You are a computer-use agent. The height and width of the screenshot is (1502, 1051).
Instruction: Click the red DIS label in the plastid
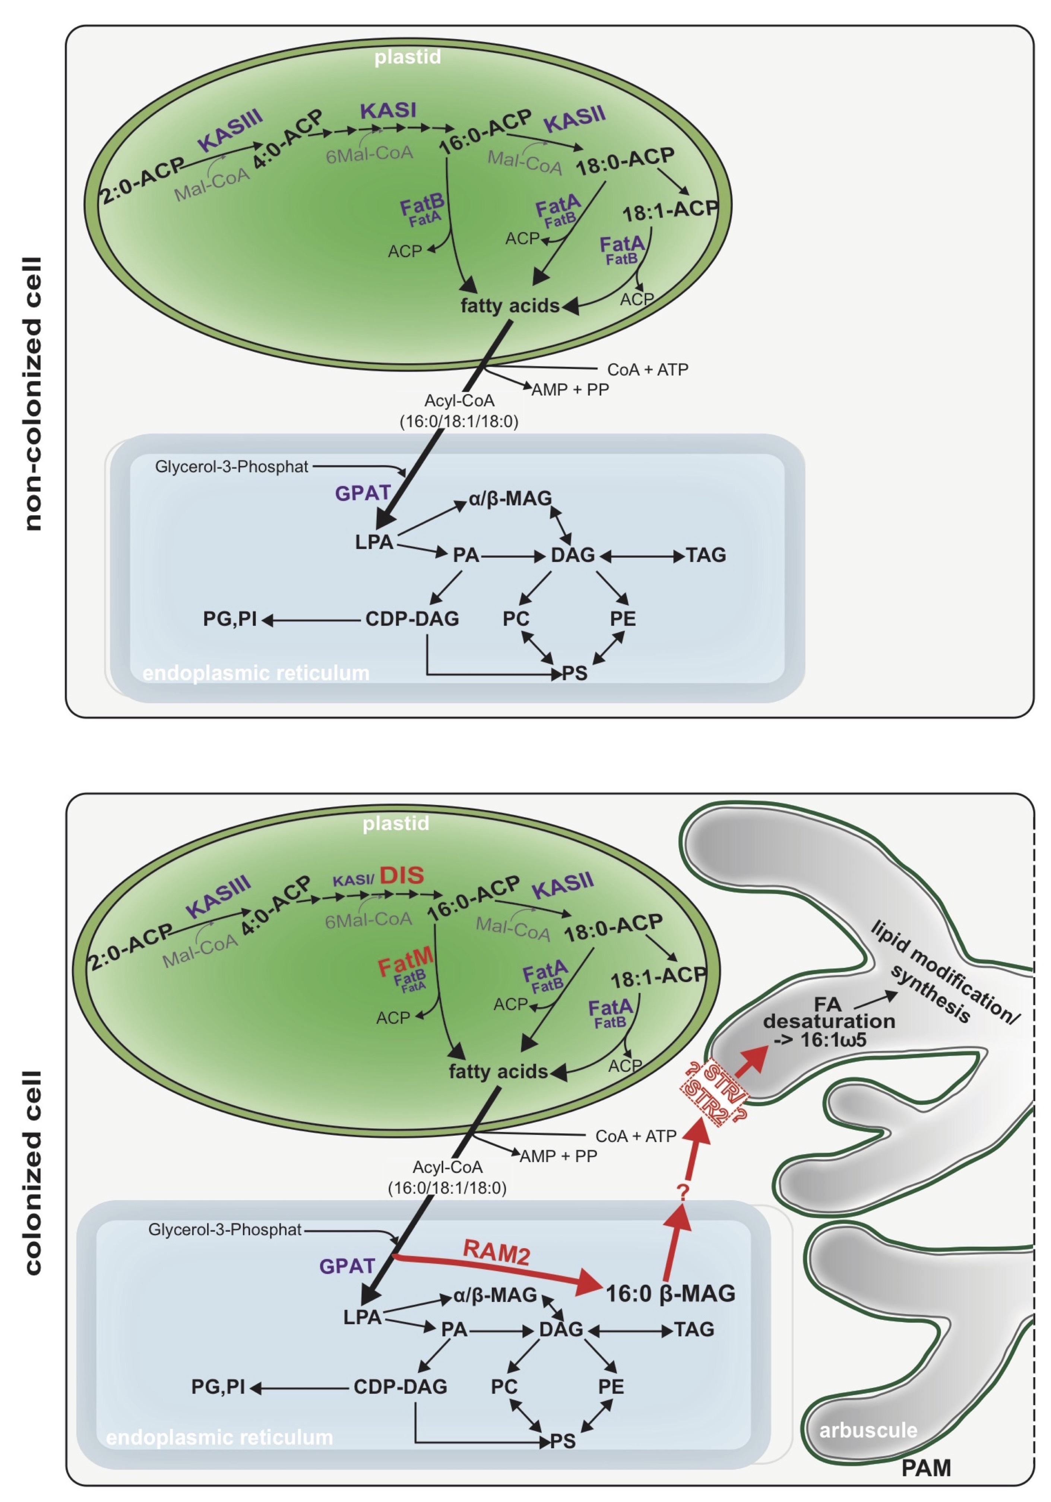coord(402,875)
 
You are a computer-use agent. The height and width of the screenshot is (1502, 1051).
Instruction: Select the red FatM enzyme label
coord(405,962)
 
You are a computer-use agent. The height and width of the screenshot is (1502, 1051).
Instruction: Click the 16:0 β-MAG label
coord(670,1293)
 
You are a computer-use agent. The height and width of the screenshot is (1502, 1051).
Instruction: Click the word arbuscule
coord(868,1430)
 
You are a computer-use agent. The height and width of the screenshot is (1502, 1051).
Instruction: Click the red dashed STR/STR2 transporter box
coord(712,1094)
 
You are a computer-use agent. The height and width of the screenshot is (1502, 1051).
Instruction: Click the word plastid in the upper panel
coord(408,57)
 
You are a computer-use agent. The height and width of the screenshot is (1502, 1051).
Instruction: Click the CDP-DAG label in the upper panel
coord(412,619)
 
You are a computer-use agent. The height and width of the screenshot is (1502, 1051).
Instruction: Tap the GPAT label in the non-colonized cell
coord(363,493)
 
